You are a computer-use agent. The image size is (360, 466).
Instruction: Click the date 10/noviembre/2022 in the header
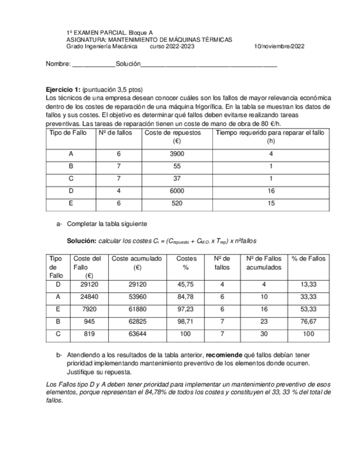(280, 47)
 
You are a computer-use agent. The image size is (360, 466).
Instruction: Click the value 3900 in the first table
(178, 154)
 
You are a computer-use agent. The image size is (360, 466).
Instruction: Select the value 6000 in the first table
(178, 191)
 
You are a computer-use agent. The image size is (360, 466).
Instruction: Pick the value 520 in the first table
(178, 203)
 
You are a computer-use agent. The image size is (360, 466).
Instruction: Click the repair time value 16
(271, 191)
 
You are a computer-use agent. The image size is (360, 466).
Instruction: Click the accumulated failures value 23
(264, 321)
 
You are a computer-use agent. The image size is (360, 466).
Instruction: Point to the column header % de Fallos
(308, 258)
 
